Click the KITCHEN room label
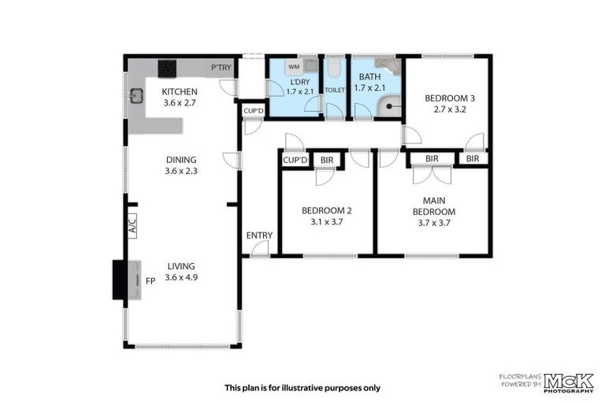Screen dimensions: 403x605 [179, 91]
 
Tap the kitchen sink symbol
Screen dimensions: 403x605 [136, 97]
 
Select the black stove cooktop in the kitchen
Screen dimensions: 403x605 [168, 68]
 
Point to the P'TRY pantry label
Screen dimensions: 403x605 [221, 68]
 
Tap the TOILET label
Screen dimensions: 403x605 [335, 91]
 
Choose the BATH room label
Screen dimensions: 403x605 [369, 77]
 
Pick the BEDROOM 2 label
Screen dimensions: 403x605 [327, 210]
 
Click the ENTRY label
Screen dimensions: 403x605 [259, 235]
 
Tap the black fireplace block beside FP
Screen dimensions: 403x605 [120, 279]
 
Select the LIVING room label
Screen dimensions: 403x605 [180, 266]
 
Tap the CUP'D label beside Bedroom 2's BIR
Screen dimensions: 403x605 [295, 161]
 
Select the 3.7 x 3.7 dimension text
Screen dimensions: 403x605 [434, 223]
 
